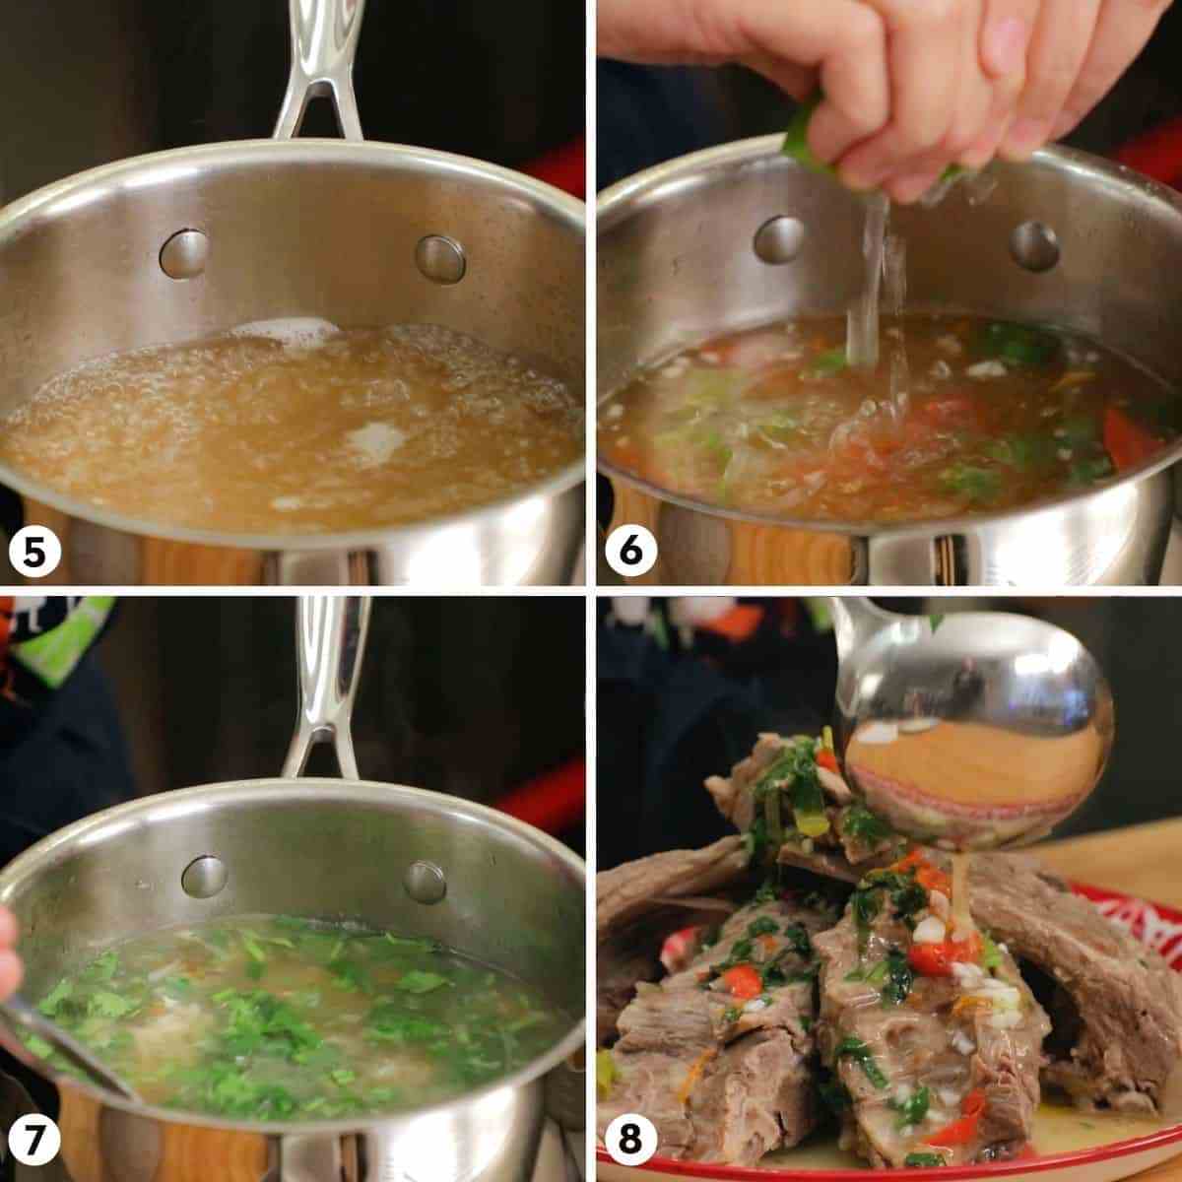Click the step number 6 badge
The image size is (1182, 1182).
coord(631,551)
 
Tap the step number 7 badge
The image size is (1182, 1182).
coord(34,1140)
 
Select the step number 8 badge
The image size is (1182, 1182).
coord(631,1140)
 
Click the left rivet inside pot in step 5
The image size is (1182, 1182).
coord(183,254)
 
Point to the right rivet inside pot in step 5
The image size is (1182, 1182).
coord(440,259)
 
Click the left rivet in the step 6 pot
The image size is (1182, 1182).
coord(779,239)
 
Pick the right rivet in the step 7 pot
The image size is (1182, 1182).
coord(425,882)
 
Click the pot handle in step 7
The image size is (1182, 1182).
coord(326,687)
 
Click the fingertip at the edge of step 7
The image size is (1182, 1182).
coord(7,956)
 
